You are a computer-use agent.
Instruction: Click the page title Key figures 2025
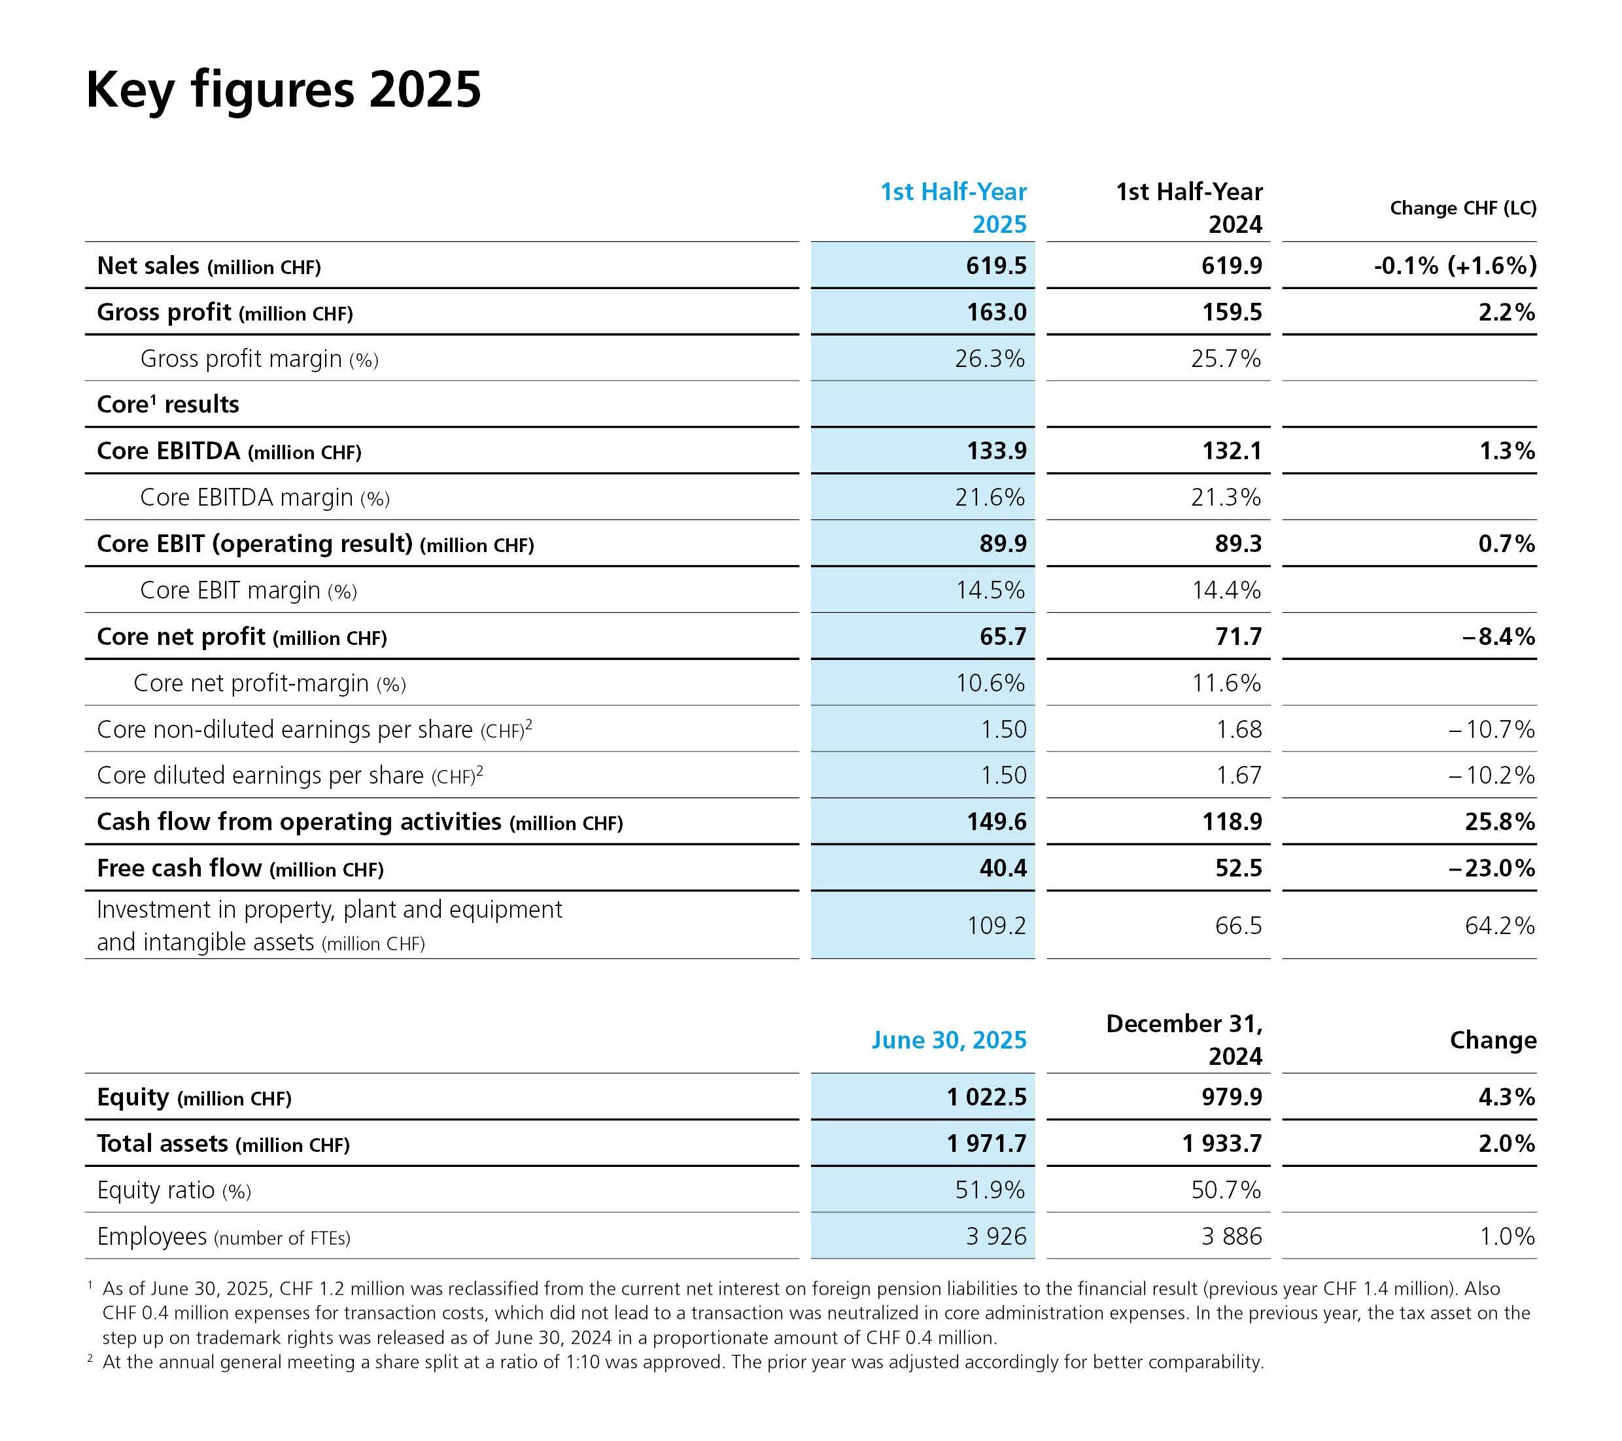tap(283, 90)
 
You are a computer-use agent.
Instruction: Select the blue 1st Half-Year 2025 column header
tap(954, 208)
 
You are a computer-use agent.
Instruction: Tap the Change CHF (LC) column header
tap(1463, 208)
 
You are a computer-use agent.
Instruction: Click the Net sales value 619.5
tap(996, 266)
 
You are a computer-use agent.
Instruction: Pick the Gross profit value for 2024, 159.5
tap(1232, 312)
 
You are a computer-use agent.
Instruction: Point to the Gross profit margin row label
tap(260, 358)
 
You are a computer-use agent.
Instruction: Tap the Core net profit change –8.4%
tap(1498, 636)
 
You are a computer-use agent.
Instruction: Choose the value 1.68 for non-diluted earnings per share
tap(1239, 729)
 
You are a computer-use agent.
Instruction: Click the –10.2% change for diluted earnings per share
tap(1492, 775)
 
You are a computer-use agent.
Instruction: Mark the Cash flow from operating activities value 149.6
tap(996, 822)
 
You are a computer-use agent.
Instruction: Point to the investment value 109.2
tap(996, 925)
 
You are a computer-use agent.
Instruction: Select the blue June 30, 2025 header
tap(949, 1040)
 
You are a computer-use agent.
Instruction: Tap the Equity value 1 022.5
tap(986, 1098)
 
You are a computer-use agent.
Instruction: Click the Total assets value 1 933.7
tap(1222, 1143)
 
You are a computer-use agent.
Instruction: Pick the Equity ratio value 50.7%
tap(1226, 1189)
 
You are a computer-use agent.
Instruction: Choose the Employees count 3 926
tap(996, 1236)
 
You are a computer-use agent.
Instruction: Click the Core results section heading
tap(168, 404)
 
